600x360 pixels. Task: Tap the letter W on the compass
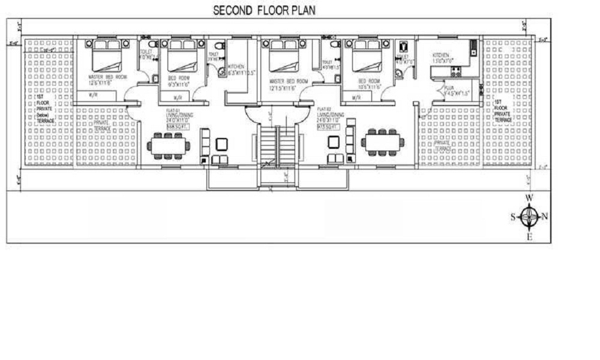529,197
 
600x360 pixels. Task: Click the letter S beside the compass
513,217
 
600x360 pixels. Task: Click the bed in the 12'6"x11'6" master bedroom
107,58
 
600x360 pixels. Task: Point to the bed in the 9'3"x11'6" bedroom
182,58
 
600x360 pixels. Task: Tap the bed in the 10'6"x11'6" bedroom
367,58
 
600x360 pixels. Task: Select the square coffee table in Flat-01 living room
222,143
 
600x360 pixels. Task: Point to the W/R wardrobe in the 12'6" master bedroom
94,95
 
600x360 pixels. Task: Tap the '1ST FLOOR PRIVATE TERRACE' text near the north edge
503,111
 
